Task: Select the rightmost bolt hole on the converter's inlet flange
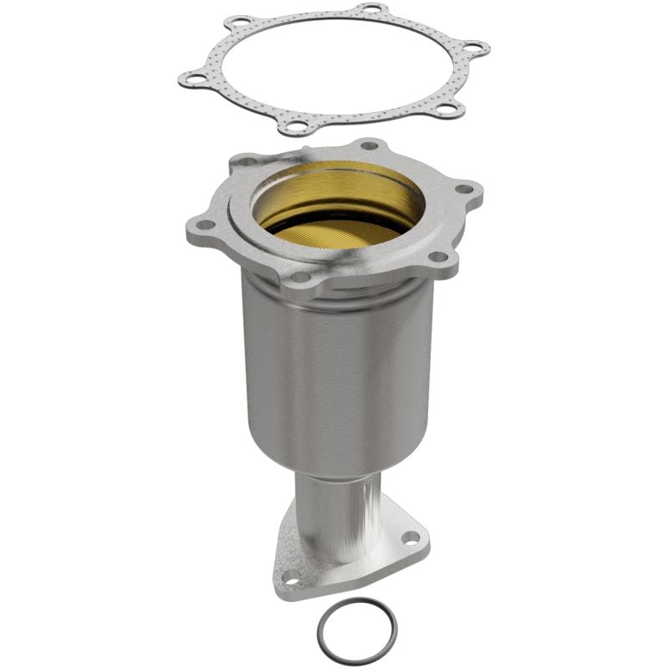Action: (465, 190)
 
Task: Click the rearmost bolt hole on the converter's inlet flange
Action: (369, 146)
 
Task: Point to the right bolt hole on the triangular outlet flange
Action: (409, 538)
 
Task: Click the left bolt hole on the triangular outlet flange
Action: (290, 575)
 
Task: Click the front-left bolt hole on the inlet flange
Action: (299, 276)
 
